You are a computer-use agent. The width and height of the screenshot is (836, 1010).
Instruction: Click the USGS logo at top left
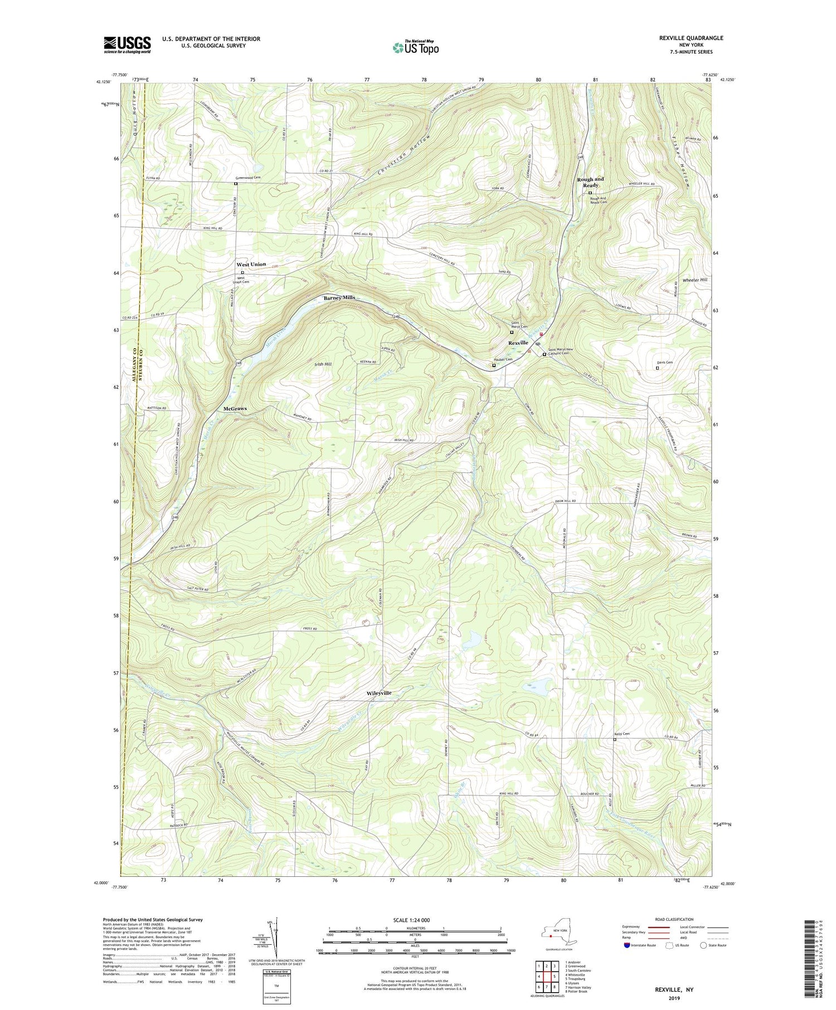pyautogui.click(x=127, y=45)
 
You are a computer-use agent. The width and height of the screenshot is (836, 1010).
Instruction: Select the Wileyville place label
pyautogui.click(x=379, y=692)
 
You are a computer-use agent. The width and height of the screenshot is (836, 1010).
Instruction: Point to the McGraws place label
pyautogui.click(x=235, y=408)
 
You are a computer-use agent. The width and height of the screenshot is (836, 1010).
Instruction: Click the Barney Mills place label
pyautogui.click(x=339, y=297)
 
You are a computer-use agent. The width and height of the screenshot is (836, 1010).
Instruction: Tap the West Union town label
pyautogui.click(x=251, y=264)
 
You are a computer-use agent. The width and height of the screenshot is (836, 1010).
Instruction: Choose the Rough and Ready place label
pyautogui.click(x=590, y=182)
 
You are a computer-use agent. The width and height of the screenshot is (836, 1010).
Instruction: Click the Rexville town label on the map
pyautogui.click(x=518, y=343)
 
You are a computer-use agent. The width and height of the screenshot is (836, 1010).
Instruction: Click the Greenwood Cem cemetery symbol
pyautogui.click(x=235, y=183)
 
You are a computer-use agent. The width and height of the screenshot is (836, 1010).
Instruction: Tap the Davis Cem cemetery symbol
pyautogui.click(x=657, y=368)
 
